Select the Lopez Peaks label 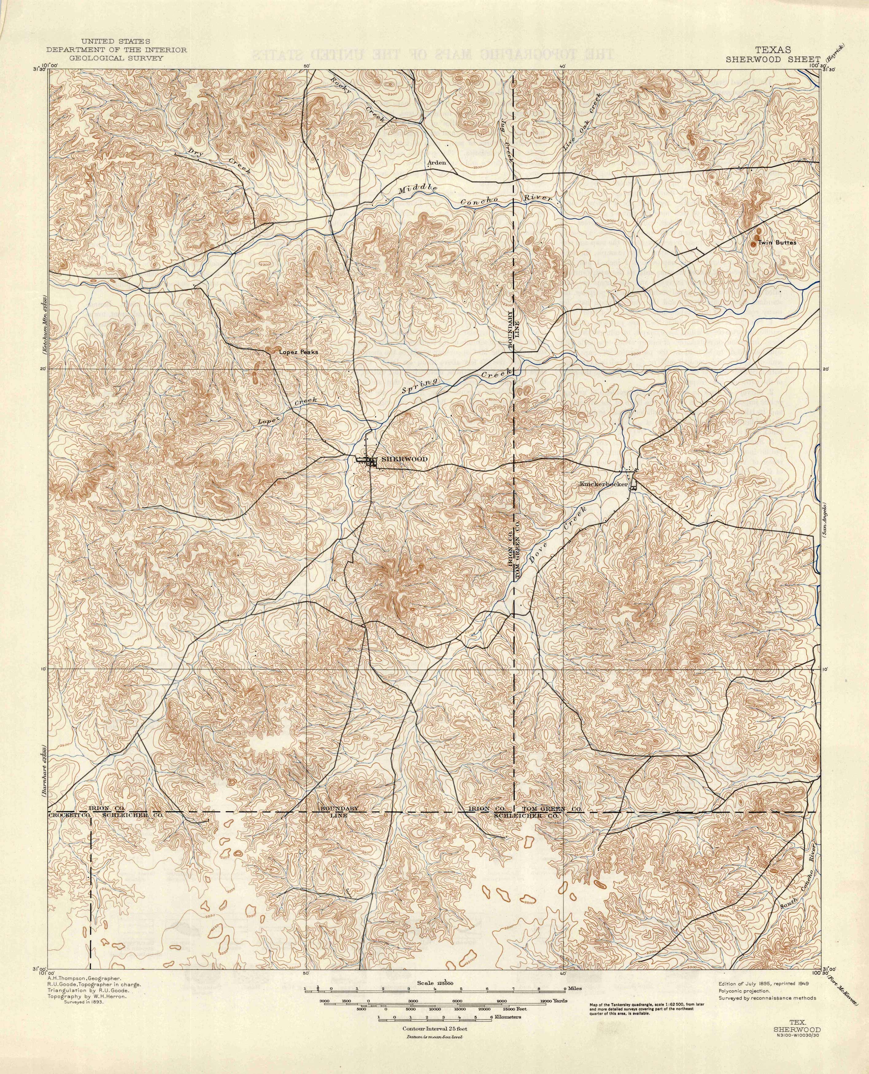tap(299, 352)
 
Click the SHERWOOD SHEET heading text tap(773, 59)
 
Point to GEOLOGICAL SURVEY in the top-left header tap(117, 58)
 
